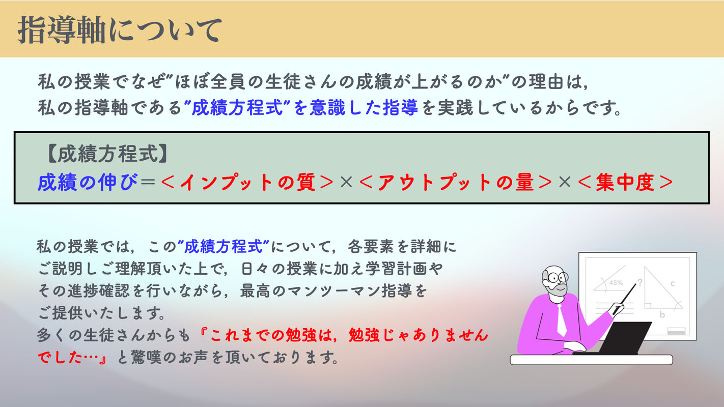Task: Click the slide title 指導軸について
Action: click(120, 30)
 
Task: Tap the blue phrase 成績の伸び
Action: click(87, 182)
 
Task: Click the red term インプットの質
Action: click(247, 182)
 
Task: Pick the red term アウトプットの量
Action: click(456, 182)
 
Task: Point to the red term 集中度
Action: click(625, 182)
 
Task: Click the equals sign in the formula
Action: click(148, 182)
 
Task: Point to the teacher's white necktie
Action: click(562, 320)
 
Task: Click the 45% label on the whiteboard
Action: click(616, 283)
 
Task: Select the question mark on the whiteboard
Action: click(639, 282)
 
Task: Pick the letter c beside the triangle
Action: click(672, 283)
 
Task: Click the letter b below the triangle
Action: click(662, 314)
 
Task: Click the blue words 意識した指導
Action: click(364, 107)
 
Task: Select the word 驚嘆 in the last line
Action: click(146, 357)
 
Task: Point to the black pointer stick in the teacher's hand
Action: click(625, 299)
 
